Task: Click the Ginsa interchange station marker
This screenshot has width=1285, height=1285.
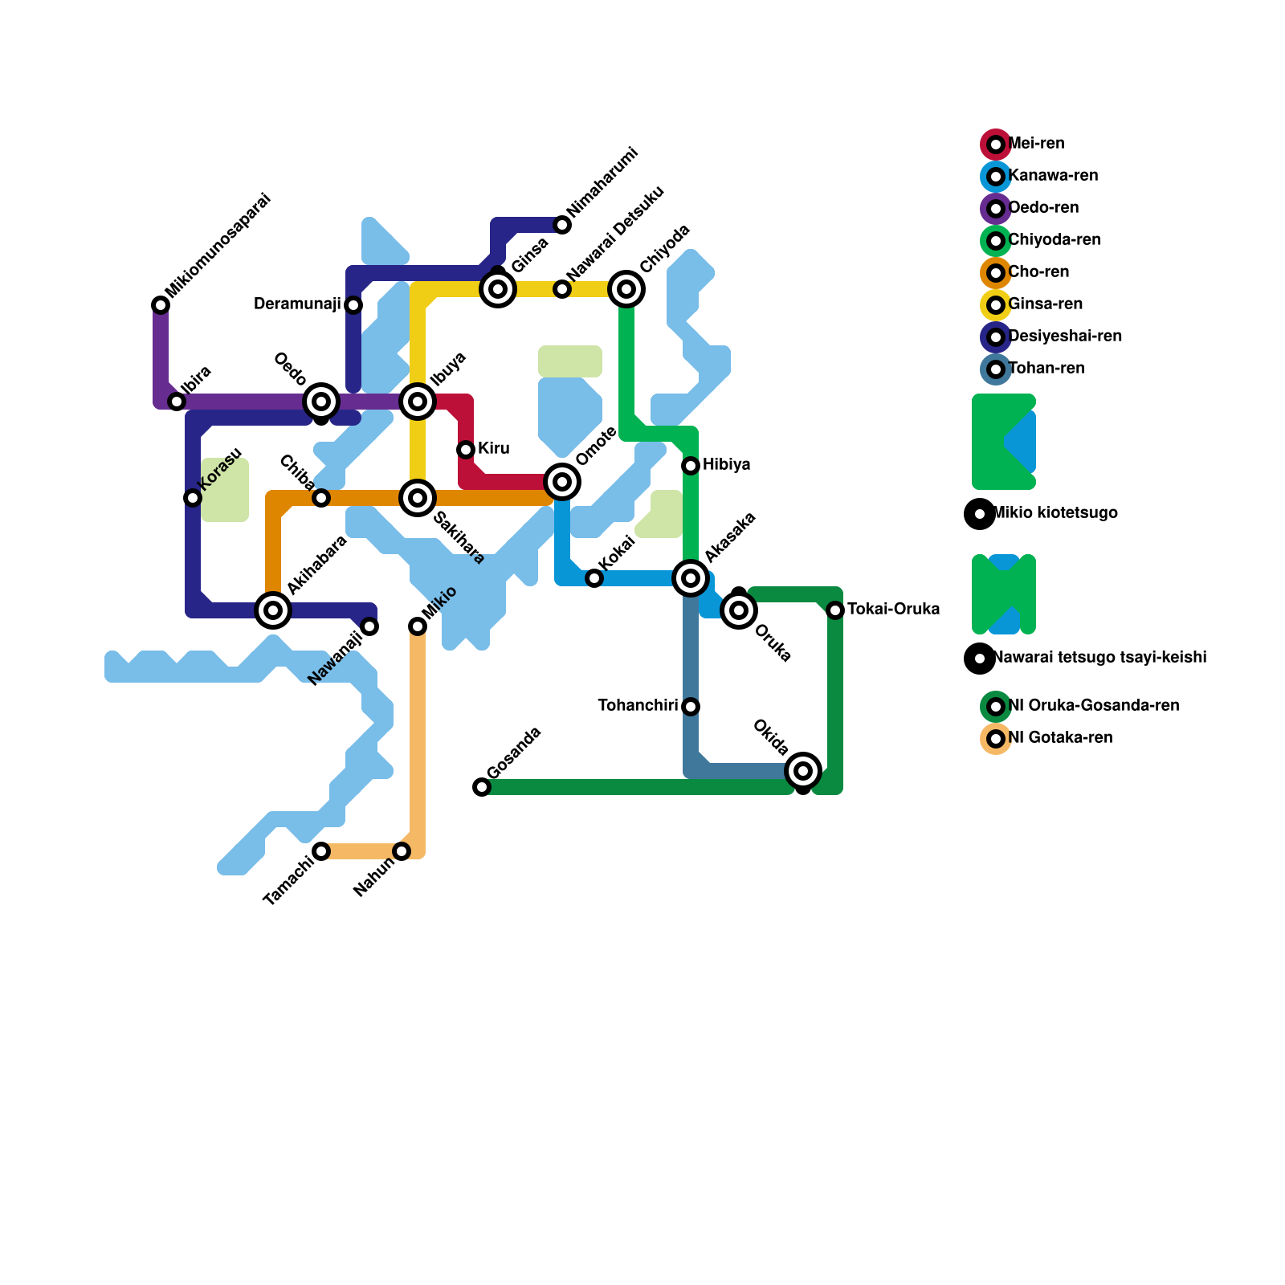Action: click(498, 289)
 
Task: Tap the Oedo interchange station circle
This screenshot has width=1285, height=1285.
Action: click(321, 401)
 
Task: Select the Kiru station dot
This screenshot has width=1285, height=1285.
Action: click(466, 450)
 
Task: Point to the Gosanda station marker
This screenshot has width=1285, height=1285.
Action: click(482, 787)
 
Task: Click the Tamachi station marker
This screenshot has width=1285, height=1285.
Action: click(321, 851)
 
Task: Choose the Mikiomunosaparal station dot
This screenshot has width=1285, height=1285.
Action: click(161, 305)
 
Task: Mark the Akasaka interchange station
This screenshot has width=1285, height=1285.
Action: click(691, 578)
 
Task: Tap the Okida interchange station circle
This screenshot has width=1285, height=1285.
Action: click(803, 771)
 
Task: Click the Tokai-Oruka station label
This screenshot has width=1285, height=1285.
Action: click(893, 610)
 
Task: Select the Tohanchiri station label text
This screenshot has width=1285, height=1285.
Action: click(638, 706)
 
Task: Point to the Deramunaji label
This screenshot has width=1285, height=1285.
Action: click(297, 304)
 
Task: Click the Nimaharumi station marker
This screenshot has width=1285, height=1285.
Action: click(562, 225)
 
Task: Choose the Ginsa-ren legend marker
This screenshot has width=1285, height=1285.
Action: click(996, 305)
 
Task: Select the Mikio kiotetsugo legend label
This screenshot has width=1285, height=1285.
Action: click(1055, 513)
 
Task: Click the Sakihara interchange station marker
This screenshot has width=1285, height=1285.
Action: click(418, 498)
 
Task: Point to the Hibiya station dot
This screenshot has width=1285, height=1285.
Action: click(691, 466)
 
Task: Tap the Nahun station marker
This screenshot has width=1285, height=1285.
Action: click(402, 851)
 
